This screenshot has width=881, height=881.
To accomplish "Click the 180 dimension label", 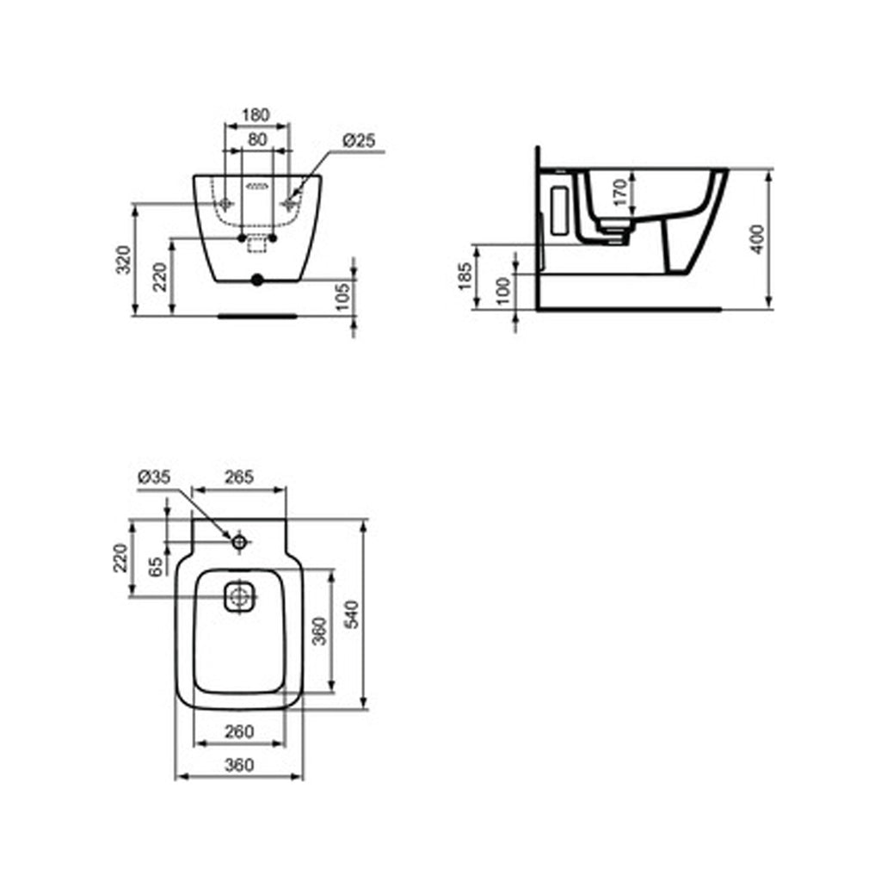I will tap(256, 114).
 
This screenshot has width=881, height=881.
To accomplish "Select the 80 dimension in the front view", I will tap(256, 139).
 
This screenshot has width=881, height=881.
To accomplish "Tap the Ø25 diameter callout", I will tap(358, 141).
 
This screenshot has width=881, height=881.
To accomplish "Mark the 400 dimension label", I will tap(756, 238).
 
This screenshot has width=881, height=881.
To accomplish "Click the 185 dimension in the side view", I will tap(465, 278).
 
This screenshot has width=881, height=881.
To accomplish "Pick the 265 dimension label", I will tap(238, 477).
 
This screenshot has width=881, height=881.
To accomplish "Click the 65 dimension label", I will tap(156, 565).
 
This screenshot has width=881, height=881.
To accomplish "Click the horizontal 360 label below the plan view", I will tap(239, 765).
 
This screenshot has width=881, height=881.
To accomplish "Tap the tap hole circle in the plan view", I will tap(239, 541).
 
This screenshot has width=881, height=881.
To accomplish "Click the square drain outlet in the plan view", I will tap(240, 596).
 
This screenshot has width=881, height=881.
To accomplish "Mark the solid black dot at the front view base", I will tap(256, 280).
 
